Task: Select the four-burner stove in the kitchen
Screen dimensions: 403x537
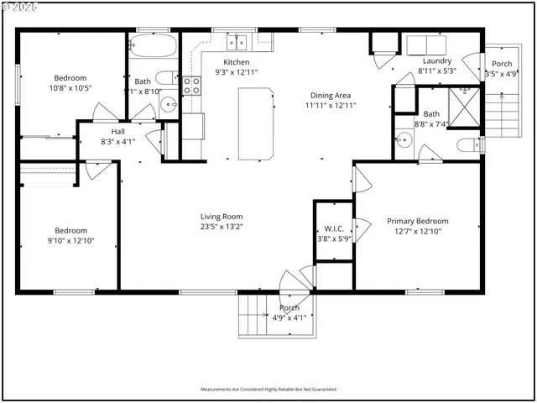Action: tap(192, 84)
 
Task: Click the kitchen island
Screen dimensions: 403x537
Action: tap(258, 123)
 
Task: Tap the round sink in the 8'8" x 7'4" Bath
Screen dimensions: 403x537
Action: tap(402, 140)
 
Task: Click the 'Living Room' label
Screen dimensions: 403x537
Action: tap(221, 215)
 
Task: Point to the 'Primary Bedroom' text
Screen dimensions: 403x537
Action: tap(417, 221)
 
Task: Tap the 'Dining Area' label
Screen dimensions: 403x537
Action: tap(328, 95)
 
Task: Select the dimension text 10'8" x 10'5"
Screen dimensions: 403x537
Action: tap(71, 87)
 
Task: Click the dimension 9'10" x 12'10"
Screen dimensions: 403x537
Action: tap(71, 240)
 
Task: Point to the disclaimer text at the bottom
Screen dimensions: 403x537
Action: tap(268, 390)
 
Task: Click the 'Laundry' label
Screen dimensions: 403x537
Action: tap(437, 61)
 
